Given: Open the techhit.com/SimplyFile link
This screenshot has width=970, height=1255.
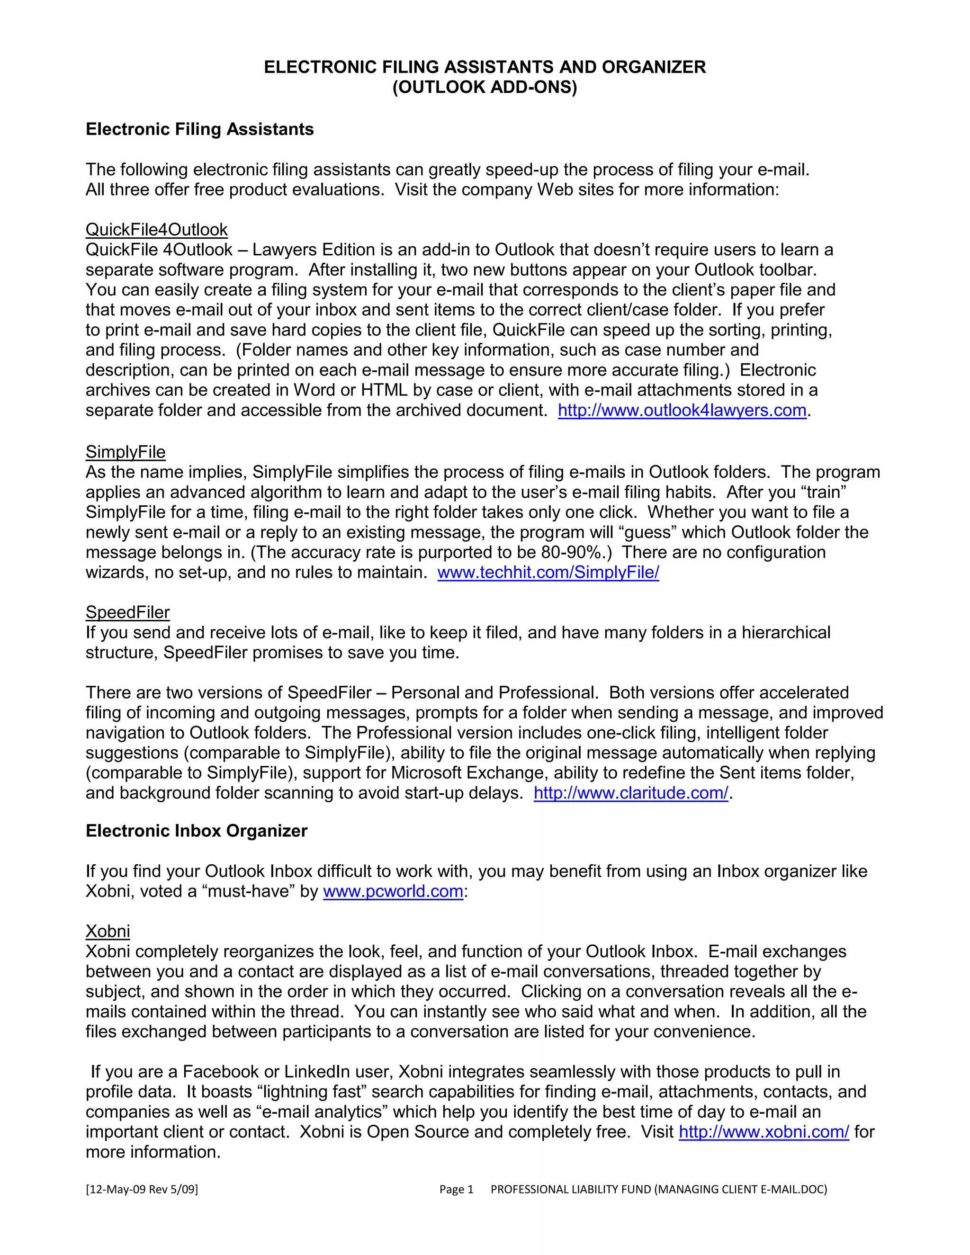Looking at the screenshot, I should (x=548, y=573).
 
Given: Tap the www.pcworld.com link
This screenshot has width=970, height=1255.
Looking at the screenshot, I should (x=393, y=891).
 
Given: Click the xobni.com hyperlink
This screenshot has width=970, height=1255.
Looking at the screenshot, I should (x=763, y=1132).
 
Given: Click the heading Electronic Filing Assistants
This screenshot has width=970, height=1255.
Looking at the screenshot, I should (x=199, y=129).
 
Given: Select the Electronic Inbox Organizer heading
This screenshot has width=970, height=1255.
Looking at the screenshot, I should (x=197, y=831).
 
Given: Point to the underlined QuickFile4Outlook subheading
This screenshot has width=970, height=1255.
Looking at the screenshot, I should (x=156, y=230).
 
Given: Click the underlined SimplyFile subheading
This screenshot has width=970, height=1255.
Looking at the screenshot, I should (x=125, y=452).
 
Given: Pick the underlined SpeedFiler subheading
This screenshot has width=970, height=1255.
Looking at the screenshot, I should (x=127, y=612).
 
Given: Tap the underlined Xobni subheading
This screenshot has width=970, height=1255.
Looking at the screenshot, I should (x=108, y=932).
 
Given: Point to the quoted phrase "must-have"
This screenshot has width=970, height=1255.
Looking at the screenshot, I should (x=249, y=891).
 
